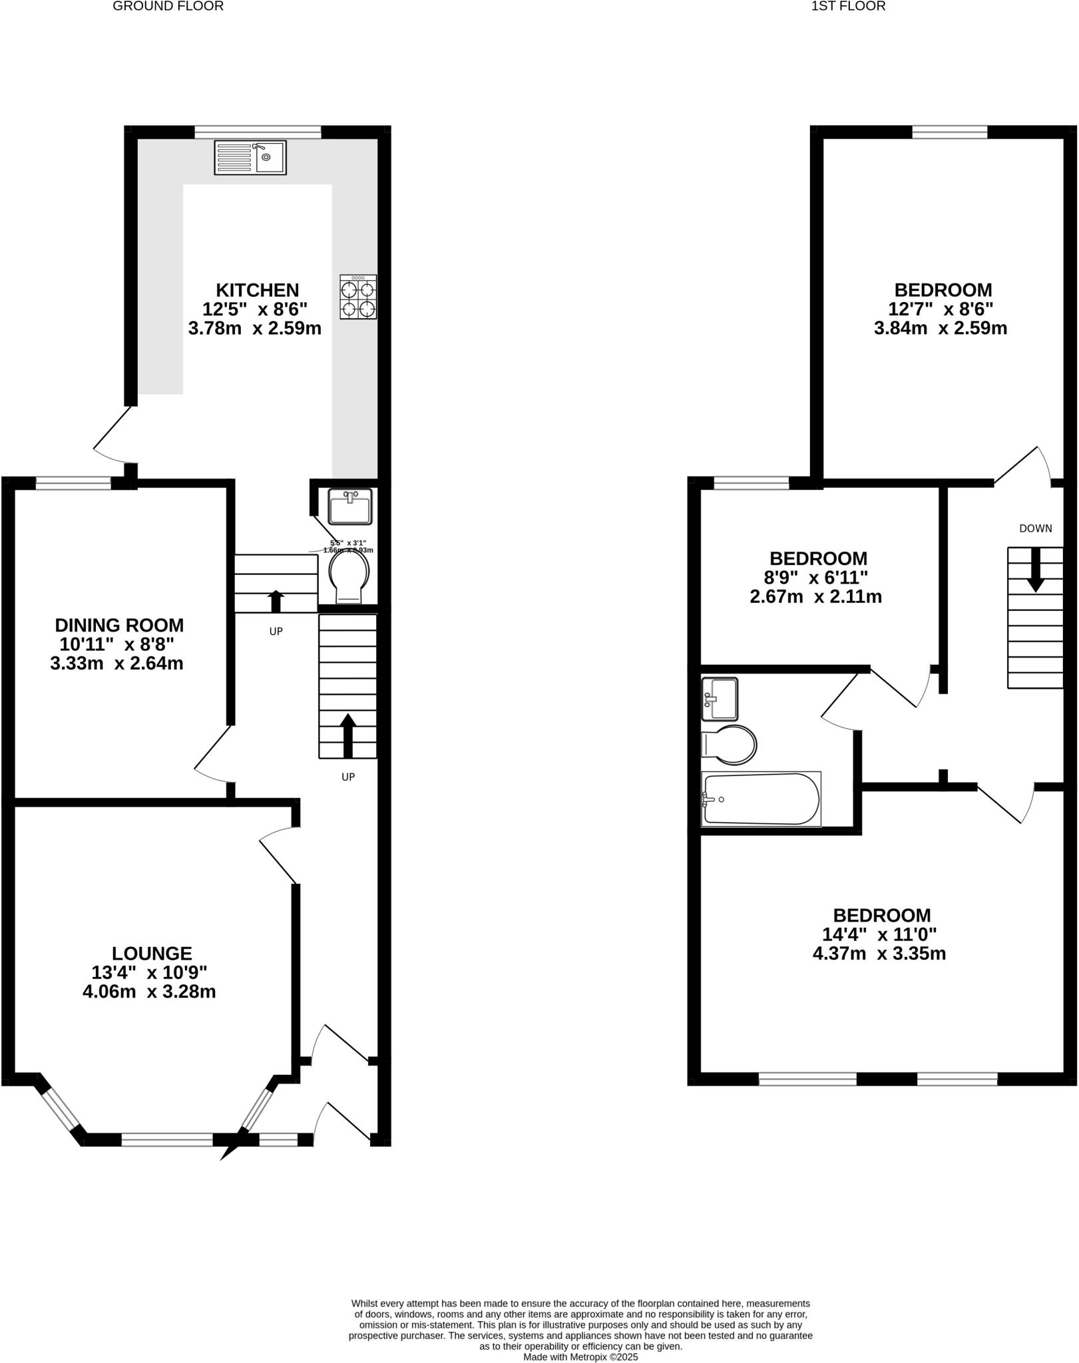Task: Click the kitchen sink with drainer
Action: [250, 158]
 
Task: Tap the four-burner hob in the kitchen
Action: [358, 297]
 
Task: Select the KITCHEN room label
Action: [258, 290]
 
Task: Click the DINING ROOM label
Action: [119, 626]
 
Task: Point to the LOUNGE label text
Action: [152, 954]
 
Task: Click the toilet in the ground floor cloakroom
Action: [349, 576]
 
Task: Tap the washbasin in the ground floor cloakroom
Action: [350, 506]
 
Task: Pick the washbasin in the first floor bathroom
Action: [720, 699]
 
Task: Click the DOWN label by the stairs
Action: [1036, 528]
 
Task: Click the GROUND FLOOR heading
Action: [168, 7]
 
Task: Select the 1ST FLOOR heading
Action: [848, 7]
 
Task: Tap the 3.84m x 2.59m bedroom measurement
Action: [940, 328]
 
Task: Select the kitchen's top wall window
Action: [258, 132]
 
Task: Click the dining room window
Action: [73, 483]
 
